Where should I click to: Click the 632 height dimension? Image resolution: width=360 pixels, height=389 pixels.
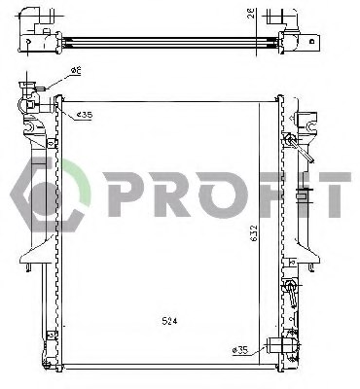pyautogui.click(x=251, y=232)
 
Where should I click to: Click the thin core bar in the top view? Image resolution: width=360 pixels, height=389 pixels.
pyautogui.click(x=165, y=40)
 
